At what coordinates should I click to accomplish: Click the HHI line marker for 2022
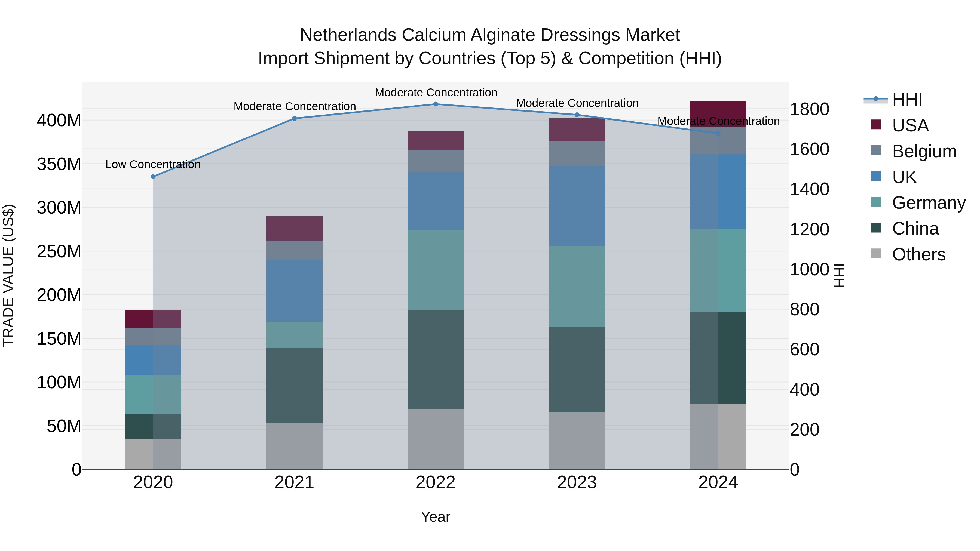436,104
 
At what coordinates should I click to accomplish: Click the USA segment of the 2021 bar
294,228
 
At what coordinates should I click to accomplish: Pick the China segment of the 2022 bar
436,359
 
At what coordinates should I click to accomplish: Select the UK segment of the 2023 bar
577,206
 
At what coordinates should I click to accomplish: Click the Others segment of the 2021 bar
294,446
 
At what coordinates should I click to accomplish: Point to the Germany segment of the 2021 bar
294,335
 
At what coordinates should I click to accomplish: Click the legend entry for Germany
928,203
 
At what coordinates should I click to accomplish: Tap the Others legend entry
918,254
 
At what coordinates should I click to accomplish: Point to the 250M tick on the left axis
59,251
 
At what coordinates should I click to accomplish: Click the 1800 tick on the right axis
809,109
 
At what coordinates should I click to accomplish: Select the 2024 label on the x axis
718,482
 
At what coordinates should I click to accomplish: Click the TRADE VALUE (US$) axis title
9,275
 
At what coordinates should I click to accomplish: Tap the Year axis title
436,517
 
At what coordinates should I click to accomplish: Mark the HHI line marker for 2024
718,134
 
